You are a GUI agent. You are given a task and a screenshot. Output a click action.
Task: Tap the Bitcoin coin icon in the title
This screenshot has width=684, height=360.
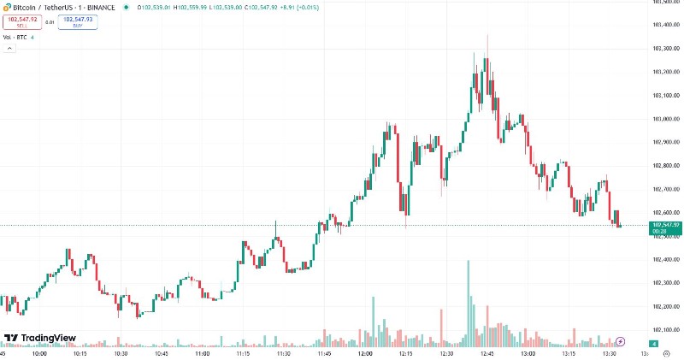pos(7,7)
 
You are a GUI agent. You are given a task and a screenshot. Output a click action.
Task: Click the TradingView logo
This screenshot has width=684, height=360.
pos(39,338)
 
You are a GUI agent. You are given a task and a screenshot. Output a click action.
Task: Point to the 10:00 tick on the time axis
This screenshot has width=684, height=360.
pos(39,352)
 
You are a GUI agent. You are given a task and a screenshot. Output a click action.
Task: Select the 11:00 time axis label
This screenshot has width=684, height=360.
pos(202,352)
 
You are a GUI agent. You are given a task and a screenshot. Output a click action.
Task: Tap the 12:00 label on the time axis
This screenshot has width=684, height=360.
pos(365,352)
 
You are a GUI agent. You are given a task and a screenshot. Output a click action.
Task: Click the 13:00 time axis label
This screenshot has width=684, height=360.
pos(528,352)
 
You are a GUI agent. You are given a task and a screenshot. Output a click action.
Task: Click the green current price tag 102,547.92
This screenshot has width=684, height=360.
pos(663,226)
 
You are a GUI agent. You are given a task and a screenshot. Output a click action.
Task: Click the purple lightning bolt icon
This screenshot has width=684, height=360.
pos(621,341)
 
